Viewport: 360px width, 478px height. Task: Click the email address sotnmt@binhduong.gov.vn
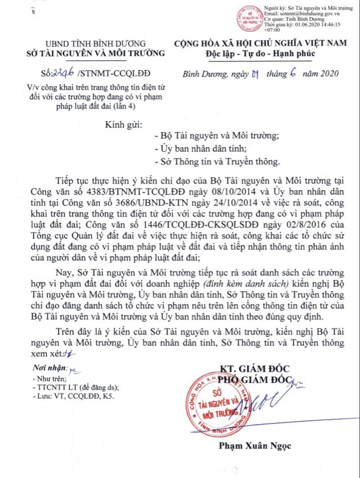pyautogui.click(x=312, y=14)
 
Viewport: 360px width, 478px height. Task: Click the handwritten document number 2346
pyautogui.click(x=64, y=74)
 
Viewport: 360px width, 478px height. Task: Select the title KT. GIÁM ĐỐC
pyautogui.click(x=254, y=368)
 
